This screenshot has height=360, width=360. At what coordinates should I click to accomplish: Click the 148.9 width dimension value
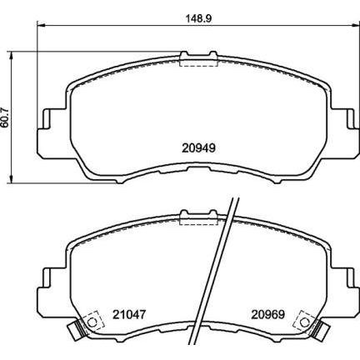click(x=198, y=19)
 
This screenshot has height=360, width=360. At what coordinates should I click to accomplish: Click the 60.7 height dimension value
click(x=5, y=117)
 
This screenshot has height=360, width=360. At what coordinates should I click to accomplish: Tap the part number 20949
click(x=198, y=148)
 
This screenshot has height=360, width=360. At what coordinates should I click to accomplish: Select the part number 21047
click(x=129, y=314)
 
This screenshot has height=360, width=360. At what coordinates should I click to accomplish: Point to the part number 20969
click(x=268, y=314)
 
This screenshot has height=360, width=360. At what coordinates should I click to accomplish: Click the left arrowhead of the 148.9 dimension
click(x=41, y=26)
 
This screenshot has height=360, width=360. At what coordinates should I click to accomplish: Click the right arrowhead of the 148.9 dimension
click(x=356, y=26)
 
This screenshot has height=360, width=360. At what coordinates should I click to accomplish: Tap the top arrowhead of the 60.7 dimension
click(x=11, y=55)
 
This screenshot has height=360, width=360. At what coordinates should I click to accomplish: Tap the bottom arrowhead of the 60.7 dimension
click(x=11, y=179)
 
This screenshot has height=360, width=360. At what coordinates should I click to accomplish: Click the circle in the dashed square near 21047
click(x=92, y=322)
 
